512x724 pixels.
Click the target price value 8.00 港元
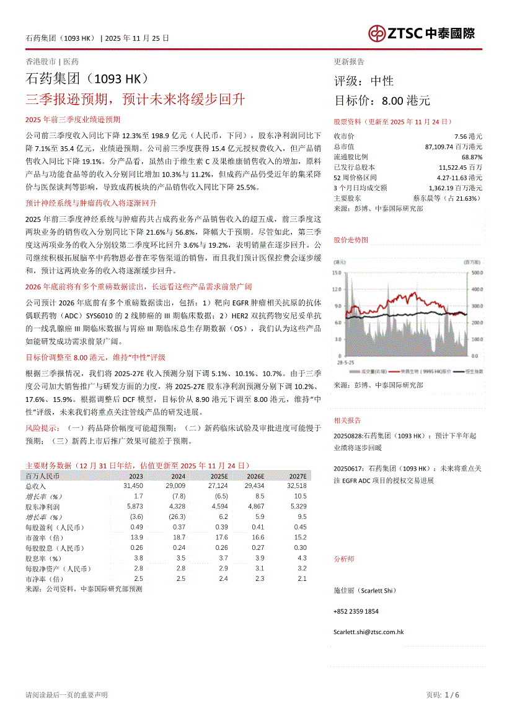405,100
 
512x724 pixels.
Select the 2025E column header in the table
219,476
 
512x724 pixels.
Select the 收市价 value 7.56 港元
468,136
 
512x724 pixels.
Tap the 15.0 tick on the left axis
337,273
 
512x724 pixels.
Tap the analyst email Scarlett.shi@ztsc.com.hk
368,632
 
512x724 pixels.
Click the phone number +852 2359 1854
356,611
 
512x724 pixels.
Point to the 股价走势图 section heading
350,239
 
